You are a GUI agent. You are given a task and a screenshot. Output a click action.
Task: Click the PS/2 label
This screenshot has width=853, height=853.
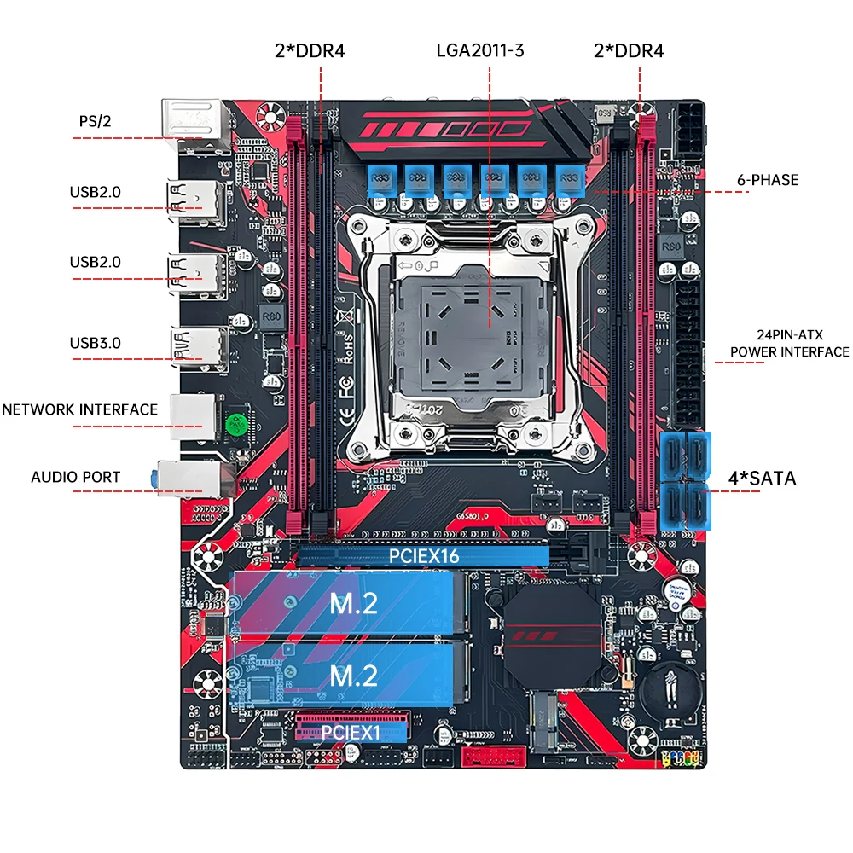coord(96,121)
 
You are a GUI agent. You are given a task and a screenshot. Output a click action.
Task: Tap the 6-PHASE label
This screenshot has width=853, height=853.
coord(768,180)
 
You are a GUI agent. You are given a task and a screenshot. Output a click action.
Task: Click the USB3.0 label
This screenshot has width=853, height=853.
coord(96,343)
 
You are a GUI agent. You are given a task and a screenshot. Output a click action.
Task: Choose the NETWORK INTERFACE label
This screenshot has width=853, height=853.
coord(79,409)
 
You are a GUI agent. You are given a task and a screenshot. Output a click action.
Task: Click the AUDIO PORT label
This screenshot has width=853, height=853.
coord(76,477)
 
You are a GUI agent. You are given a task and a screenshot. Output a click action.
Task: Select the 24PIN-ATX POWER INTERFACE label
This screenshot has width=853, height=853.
coord(789,344)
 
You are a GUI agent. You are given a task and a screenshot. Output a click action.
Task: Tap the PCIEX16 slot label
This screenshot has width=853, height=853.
coord(424,555)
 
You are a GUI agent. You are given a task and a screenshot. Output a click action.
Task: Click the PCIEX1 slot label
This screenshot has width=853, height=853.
coord(352,731)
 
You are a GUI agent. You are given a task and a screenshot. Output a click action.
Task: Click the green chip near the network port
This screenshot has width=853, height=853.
coord(236,424)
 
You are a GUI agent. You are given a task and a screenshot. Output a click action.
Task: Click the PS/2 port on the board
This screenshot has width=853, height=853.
coord(193,119)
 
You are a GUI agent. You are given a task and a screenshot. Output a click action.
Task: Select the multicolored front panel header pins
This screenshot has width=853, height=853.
coord(681,757)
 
